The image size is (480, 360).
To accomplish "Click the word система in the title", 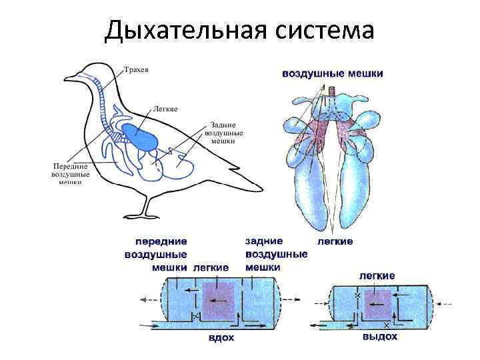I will tap(323, 30).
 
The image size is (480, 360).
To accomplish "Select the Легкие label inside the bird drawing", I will tap(165, 108).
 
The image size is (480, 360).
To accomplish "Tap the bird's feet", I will tap(143, 213).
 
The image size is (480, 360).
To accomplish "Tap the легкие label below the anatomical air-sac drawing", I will tap(334, 241).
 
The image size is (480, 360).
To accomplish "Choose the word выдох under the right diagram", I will tap(380, 337).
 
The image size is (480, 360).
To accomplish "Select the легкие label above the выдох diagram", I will tap(377, 275).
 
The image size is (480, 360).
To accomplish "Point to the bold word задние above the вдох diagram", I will tap(264, 241).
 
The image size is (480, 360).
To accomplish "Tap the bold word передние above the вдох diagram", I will tap(161, 241).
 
